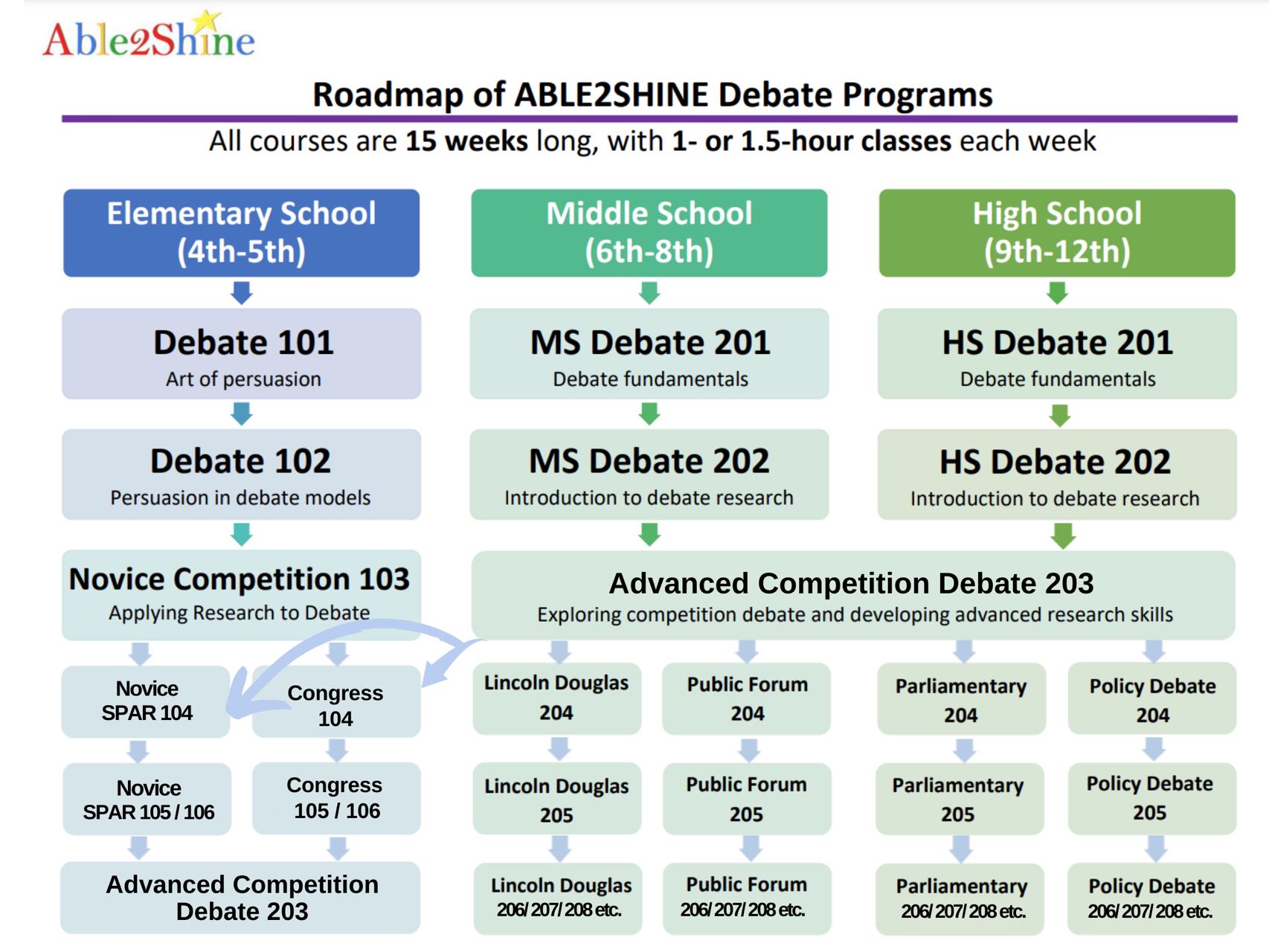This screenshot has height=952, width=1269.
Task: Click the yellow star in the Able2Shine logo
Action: (209, 20)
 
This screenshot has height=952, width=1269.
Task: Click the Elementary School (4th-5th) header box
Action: (241, 233)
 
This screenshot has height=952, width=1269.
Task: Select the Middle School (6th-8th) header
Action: (649, 233)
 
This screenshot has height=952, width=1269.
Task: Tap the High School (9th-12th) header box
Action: (1056, 233)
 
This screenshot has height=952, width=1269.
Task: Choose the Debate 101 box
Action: (241, 354)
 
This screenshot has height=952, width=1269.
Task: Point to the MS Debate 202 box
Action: (649, 475)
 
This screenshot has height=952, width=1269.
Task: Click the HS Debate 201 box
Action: (1056, 354)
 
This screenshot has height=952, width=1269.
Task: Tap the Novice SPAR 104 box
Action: (147, 701)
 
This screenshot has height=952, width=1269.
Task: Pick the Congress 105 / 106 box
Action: (336, 798)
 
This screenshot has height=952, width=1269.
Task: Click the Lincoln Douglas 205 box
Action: (556, 800)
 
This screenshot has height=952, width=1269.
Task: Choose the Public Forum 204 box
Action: (747, 699)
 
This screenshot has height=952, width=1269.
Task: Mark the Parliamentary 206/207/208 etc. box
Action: (960, 898)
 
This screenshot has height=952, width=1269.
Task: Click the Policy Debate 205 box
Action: (1151, 798)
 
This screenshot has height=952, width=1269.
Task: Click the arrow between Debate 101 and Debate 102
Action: (241, 414)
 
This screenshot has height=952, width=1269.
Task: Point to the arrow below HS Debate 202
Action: (1063, 535)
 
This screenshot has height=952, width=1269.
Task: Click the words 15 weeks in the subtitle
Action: (466, 141)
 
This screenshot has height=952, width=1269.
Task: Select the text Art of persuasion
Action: (243, 379)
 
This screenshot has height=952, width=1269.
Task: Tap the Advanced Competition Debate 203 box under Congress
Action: (241, 898)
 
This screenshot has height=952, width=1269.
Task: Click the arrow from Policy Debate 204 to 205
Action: (1154, 749)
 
